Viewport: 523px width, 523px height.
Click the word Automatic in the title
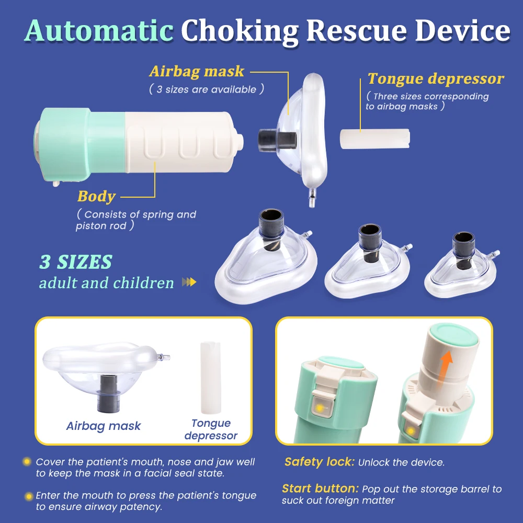click(99, 31)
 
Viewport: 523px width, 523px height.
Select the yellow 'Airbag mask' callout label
click(197, 71)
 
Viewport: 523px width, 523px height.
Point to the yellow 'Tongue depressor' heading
click(436, 79)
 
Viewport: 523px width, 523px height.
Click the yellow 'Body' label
click(96, 197)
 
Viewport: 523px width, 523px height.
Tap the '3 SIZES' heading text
click(76, 262)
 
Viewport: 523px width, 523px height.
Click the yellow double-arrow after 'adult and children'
click(189, 282)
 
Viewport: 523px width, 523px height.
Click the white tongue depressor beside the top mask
click(375, 139)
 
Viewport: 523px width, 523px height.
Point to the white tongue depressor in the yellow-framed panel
click(210, 378)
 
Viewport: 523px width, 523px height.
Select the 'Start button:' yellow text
click(320, 488)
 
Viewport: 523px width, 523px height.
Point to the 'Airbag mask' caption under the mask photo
click(104, 426)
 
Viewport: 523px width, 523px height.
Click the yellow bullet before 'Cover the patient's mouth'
click(27, 462)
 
